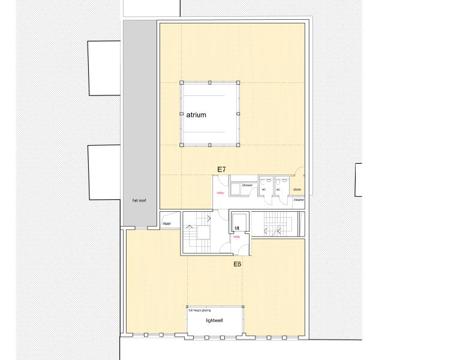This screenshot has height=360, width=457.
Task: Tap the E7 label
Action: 221,170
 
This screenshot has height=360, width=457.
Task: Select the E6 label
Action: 237,263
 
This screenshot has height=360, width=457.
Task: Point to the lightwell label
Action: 214,321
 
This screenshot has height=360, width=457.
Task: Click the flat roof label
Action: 139,200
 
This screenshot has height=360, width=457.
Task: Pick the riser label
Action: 167,224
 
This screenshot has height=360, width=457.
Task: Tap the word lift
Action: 237,229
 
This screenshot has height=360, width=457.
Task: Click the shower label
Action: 247,185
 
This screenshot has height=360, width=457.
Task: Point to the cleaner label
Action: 299,200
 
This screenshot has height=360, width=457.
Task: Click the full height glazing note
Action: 200,310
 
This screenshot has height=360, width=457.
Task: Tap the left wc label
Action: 263,190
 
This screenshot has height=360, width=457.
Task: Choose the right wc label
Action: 278,190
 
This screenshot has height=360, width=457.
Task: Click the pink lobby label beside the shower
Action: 220,193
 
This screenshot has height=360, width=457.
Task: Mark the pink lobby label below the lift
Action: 236,237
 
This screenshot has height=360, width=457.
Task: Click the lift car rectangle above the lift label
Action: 237,218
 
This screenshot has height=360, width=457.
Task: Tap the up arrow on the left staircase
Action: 190,226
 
